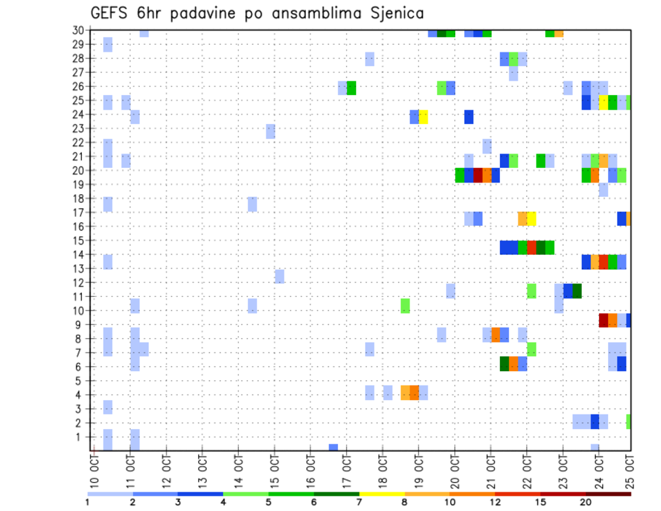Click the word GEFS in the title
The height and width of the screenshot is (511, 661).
(x=109, y=13)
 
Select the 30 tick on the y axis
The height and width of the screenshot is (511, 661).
(x=78, y=30)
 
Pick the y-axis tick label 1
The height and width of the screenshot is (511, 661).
(x=81, y=437)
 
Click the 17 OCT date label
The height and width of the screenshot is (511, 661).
(x=347, y=470)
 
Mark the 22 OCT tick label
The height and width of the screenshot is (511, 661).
(x=527, y=470)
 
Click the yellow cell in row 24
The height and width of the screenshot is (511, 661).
(x=423, y=116)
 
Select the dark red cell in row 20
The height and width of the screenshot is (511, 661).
(x=478, y=176)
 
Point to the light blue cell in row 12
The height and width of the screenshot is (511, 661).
(x=280, y=276)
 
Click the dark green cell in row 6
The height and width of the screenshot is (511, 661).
(x=504, y=364)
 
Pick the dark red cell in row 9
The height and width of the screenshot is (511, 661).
(x=603, y=320)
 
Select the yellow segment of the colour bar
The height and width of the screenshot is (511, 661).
(x=382, y=494)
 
